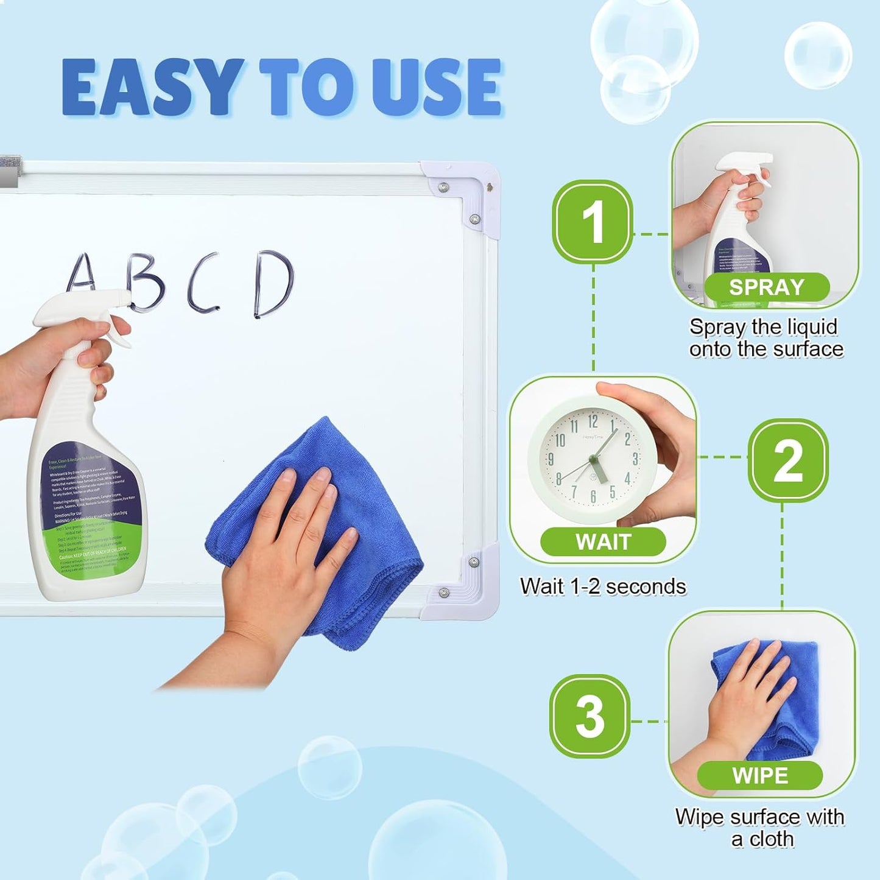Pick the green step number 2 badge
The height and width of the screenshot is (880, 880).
pos(787,460)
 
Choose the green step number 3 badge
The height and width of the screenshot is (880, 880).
pos(590,716)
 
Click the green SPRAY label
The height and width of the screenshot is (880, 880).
pos(767,287)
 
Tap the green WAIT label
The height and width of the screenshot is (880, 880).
pos(603,541)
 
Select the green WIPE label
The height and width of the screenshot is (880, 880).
pos(759,776)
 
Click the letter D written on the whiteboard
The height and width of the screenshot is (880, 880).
pos(273,284)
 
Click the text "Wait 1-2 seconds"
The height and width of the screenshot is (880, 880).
pos(603,586)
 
